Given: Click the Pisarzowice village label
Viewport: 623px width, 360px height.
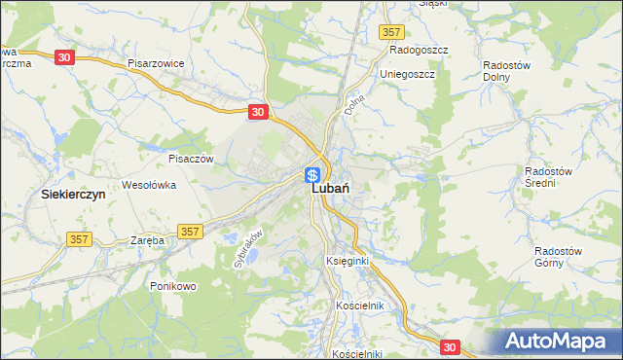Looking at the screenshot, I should click(156, 63).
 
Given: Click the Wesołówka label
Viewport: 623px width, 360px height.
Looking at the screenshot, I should click(148, 184).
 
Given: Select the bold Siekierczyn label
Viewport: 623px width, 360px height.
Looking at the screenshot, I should click(73, 195).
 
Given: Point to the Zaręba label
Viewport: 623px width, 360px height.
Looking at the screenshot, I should click(148, 240).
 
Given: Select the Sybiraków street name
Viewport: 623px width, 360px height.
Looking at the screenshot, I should click(249, 248).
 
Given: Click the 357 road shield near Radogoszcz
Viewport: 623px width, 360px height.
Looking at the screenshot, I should click(391, 32).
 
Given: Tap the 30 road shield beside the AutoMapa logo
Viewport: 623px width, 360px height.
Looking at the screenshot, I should click(449, 345).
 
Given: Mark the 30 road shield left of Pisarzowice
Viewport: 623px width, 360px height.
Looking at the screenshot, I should click(64, 57).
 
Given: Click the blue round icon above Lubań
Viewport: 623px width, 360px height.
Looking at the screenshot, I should click(312, 175).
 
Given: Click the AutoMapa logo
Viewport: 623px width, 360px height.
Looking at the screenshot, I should click(558, 342).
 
